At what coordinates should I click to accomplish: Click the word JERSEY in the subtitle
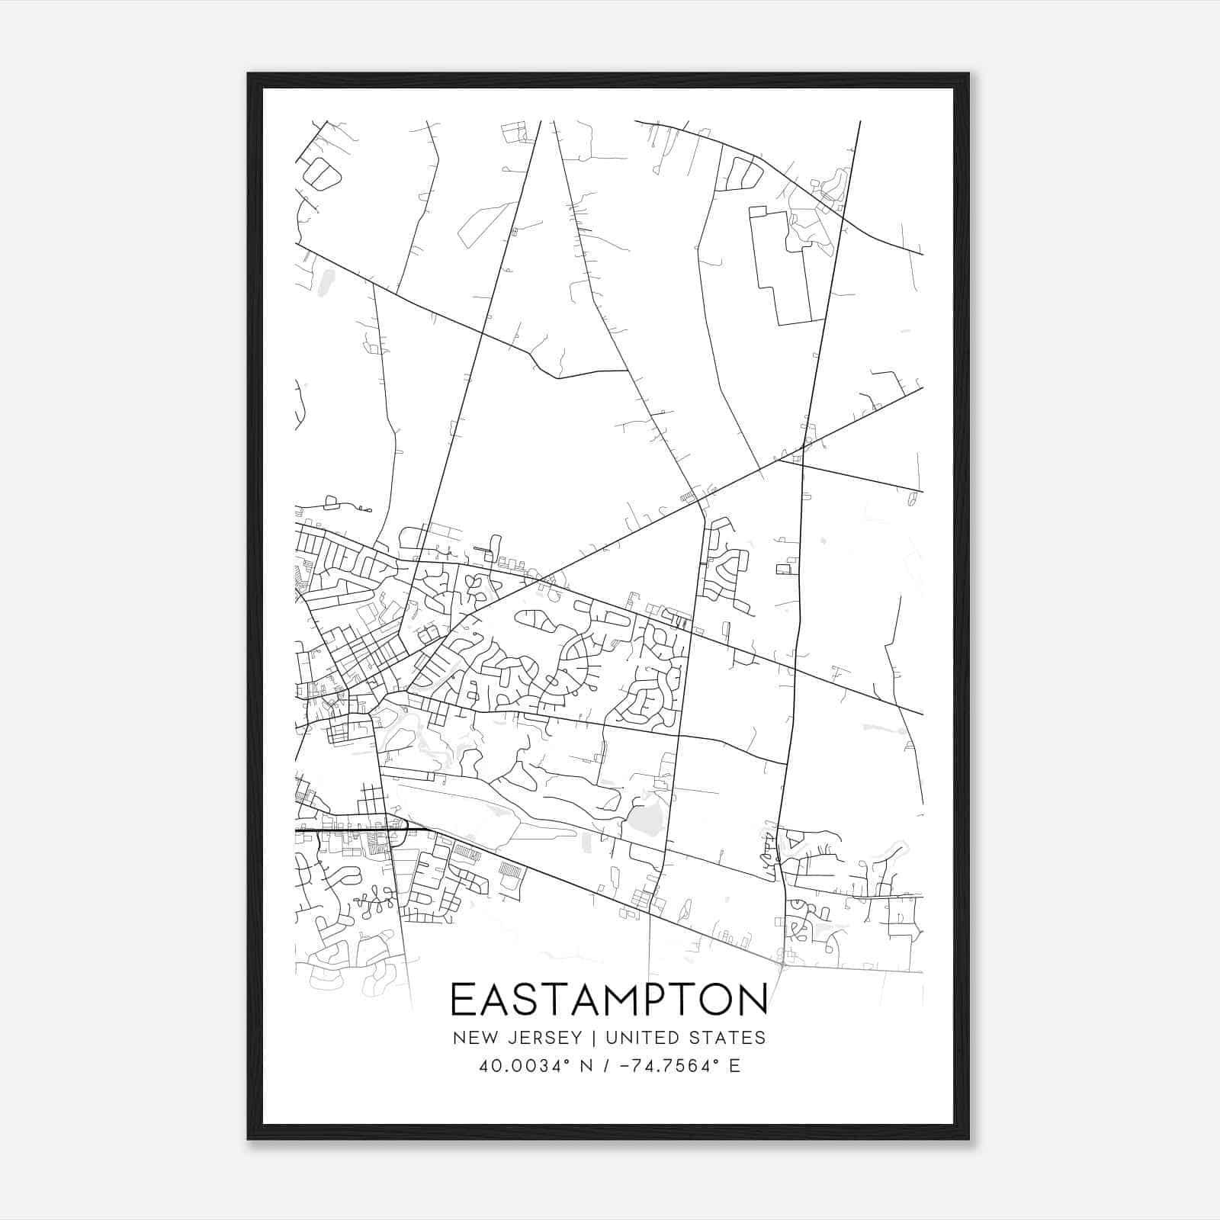(x=538, y=1037)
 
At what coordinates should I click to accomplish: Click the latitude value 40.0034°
(x=519, y=1066)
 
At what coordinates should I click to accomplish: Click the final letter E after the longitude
(x=735, y=1066)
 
